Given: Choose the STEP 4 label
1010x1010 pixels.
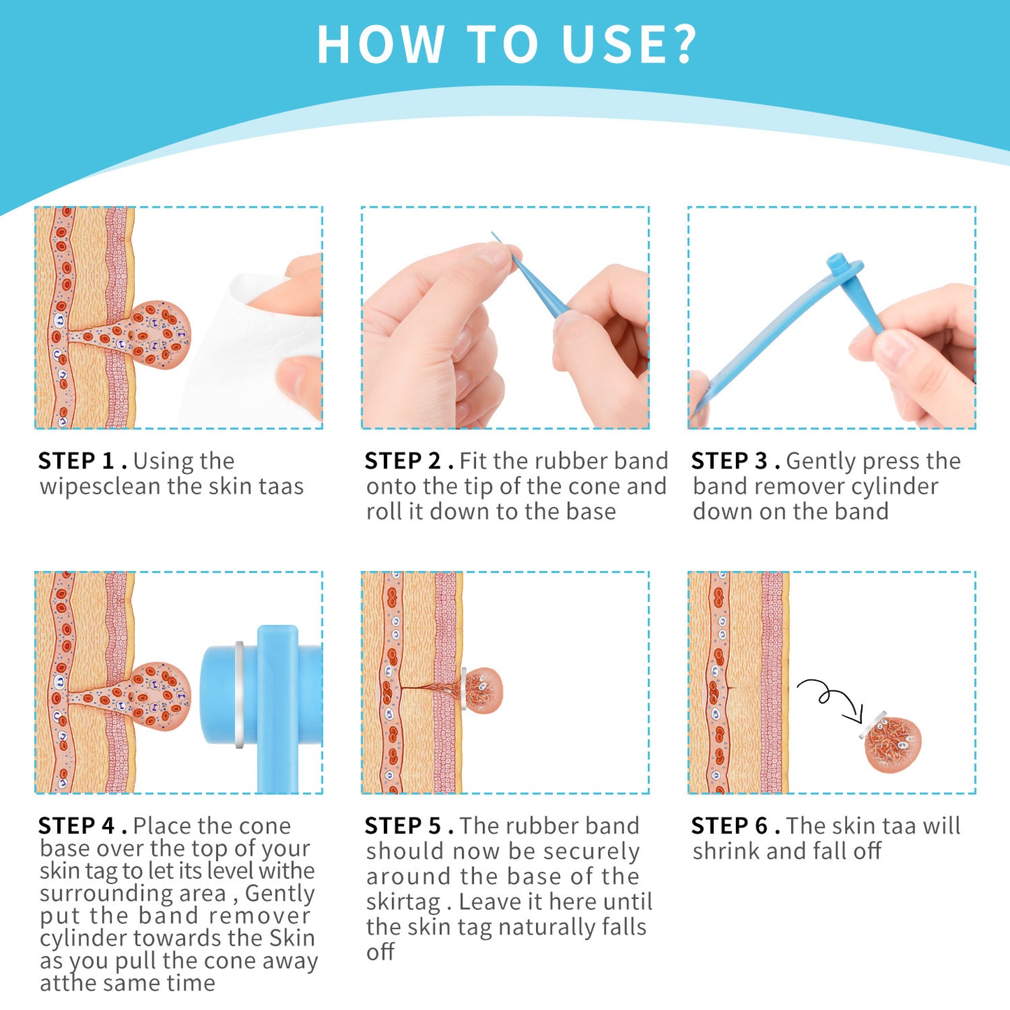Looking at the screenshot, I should coord(76,826).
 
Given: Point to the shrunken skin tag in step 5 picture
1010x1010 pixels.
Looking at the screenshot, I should coord(482,690).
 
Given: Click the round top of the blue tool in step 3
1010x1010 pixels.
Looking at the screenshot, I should coord(837,264).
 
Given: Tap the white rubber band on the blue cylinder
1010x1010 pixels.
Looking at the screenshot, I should coord(240,695).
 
